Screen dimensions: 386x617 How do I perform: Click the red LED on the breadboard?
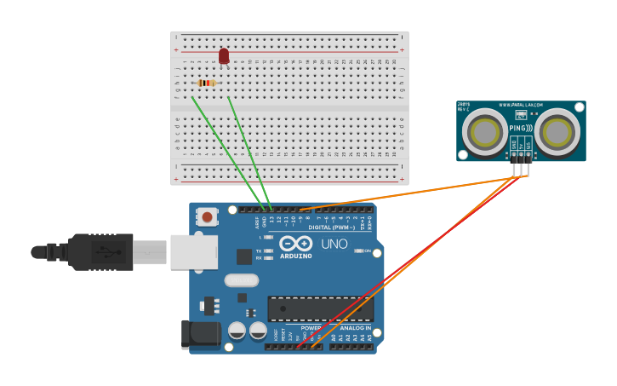pos(224,56)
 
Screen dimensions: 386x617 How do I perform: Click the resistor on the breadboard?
pos(206,83)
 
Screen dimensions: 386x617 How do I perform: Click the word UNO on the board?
pos(334,245)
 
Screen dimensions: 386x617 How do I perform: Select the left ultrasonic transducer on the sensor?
pos(488,131)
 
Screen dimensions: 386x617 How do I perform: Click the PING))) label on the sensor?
pos(521,129)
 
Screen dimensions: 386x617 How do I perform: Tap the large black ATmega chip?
pos(320,308)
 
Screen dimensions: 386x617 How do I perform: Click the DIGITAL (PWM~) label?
pos(332,228)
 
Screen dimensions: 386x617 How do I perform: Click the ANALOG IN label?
pos(356,328)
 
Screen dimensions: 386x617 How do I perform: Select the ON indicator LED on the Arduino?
pos(357,251)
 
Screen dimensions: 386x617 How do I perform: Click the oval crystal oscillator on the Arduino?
pos(241,280)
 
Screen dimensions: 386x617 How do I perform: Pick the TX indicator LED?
pos(268,251)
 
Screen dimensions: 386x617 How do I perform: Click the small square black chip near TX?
pos(244,256)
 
